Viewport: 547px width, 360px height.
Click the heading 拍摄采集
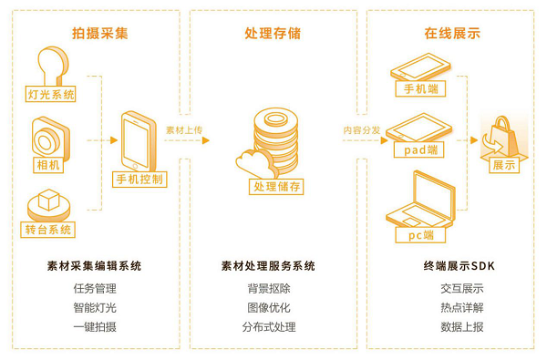click(x=100, y=34)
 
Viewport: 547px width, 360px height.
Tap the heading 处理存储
click(x=273, y=34)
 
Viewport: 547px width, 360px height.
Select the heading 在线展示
click(x=452, y=34)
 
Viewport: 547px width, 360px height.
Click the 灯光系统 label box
click(x=50, y=94)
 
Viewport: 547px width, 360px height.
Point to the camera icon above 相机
click(x=51, y=138)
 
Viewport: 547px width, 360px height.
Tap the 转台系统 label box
click(x=47, y=230)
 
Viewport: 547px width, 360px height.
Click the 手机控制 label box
click(x=139, y=180)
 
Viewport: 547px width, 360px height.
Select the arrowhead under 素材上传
click(x=206, y=140)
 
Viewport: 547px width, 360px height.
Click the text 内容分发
click(x=361, y=130)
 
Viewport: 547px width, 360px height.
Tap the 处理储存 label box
click(x=276, y=187)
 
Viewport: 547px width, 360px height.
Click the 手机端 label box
click(x=420, y=88)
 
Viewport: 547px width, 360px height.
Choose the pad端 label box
click(x=419, y=150)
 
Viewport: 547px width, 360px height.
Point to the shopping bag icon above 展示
click(x=501, y=137)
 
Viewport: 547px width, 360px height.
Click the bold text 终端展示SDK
click(x=459, y=266)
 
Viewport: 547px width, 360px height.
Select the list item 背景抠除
click(x=269, y=289)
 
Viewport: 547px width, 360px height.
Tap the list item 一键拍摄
click(x=95, y=327)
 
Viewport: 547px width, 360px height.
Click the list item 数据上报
click(x=462, y=327)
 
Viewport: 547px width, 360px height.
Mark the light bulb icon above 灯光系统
click(x=52, y=66)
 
